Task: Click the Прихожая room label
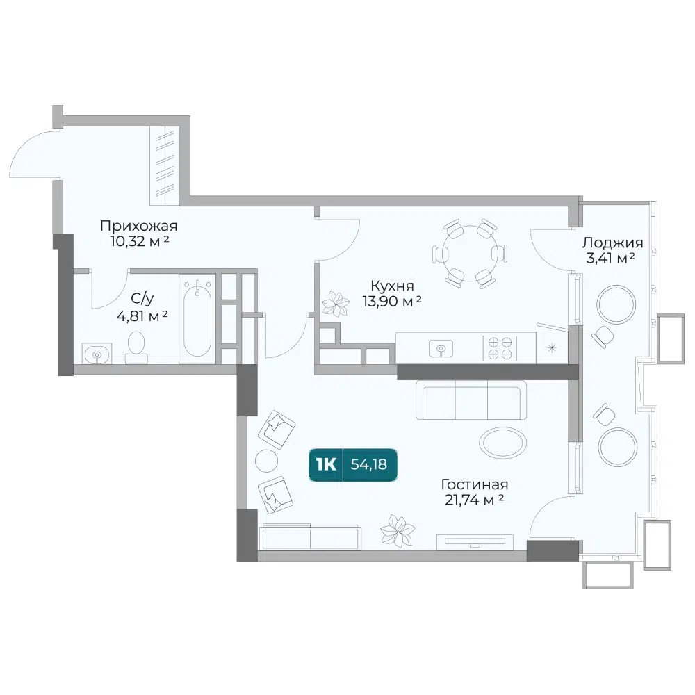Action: [139, 226]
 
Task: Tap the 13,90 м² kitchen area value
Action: [392, 302]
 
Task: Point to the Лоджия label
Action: [612, 243]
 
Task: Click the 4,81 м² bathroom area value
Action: [142, 316]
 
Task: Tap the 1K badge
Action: [326, 464]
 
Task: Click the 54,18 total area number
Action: [369, 464]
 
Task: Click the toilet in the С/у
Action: [136, 348]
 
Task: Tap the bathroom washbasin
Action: [97, 354]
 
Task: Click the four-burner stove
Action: [500, 348]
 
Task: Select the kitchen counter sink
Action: [441, 348]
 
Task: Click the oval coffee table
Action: [503, 442]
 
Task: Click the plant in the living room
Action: [398, 530]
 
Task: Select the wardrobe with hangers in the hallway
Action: [165, 166]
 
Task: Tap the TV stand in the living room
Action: [475, 542]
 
